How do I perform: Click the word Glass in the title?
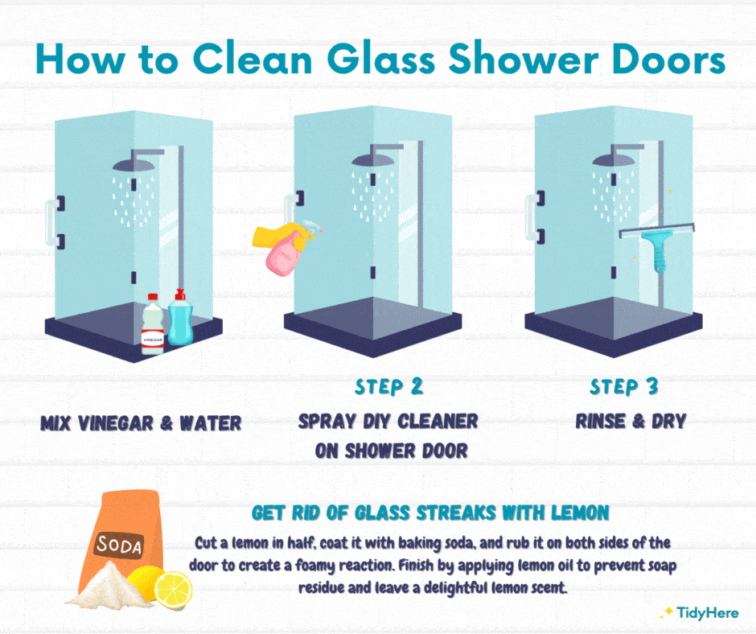(x=381, y=60)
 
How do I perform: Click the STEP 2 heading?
(x=388, y=387)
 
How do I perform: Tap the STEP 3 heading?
(x=624, y=387)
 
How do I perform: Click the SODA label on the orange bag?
(x=119, y=545)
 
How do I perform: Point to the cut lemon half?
(x=172, y=589)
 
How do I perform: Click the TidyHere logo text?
(x=707, y=613)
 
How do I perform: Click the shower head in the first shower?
(x=134, y=161)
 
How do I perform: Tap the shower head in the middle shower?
(x=374, y=156)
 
